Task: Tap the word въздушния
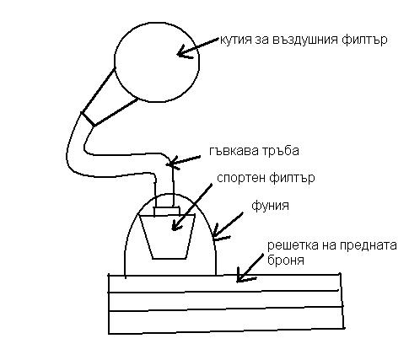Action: tap(306, 40)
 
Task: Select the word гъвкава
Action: tap(230, 151)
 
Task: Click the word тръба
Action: tap(277, 152)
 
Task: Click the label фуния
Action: tap(270, 206)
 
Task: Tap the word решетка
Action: tap(289, 245)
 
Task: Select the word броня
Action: tap(286, 260)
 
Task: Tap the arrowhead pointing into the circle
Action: tap(183, 53)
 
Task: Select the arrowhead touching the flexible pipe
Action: tap(171, 163)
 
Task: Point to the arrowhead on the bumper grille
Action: tap(242, 277)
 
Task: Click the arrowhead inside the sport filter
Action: tap(176, 225)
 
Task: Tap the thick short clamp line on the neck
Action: tap(88, 119)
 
